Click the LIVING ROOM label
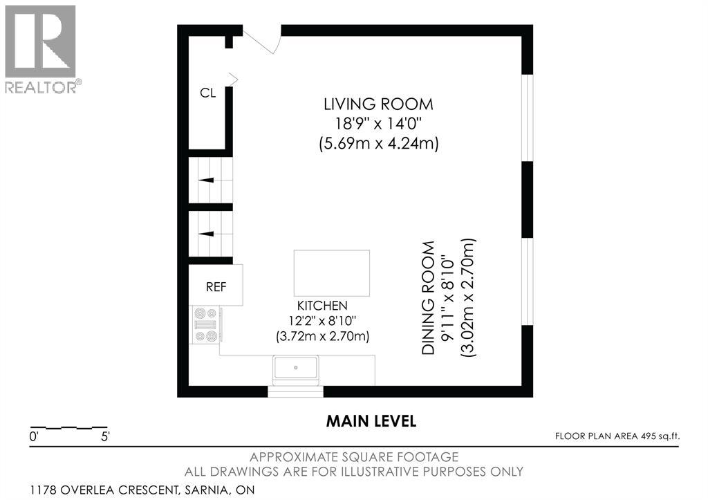pyautogui.click(x=378, y=104)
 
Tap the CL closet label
pyautogui.click(x=207, y=93)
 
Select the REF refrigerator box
pyautogui.click(x=216, y=285)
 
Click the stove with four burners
pyautogui.click(x=205, y=325)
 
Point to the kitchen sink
pyautogui.click(x=296, y=368)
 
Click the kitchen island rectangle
pyautogui.click(x=332, y=272)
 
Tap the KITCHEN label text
pyautogui.click(x=322, y=306)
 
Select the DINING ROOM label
pyautogui.click(x=428, y=298)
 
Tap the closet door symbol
pyautogui.click(x=233, y=80)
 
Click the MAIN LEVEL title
pyautogui.click(x=371, y=421)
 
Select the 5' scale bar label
pyautogui.click(x=105, y=437)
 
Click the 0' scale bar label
pyautogui.click(x=34, y=437)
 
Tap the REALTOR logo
pyautogui.click(x=42, y=49)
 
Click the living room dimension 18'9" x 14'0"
pyautogui.click(x=378, y=123)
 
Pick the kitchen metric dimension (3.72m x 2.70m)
pyautogui.click(x=322, y=337)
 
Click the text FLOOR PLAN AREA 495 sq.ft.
pyautogui.click(x=617, y=436)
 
